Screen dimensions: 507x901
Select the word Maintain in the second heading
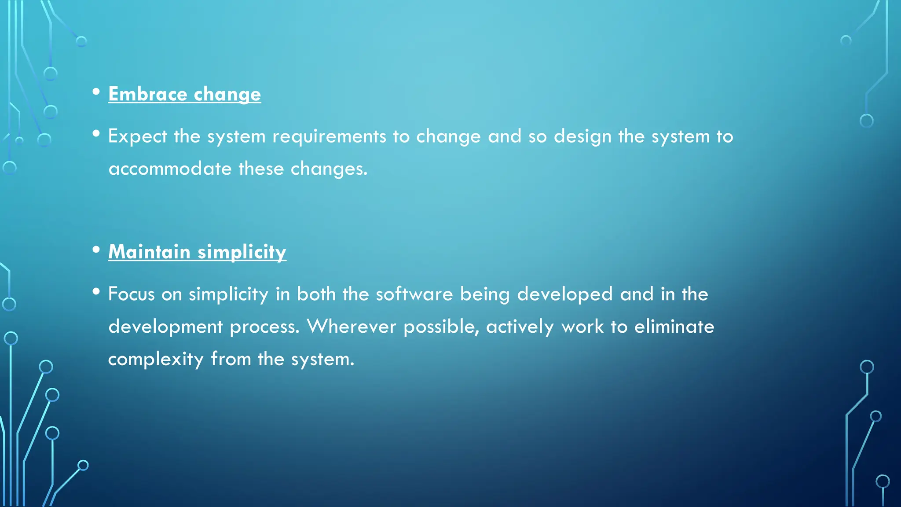click(149, 252)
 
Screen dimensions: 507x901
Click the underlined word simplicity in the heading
click(242, 252)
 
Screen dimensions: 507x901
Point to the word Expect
click(137, 136)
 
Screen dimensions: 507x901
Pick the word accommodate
click(170, 169)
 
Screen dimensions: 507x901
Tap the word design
click(582, 136)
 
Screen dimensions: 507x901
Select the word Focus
click(131, 294)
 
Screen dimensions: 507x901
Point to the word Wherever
click(351, 327)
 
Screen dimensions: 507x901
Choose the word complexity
click(156, 359)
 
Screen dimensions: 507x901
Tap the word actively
click(520, 327)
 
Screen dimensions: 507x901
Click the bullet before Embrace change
click(96, 92)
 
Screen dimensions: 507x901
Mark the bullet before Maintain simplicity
click(96, 250)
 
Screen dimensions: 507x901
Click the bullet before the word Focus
click(96, 291)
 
